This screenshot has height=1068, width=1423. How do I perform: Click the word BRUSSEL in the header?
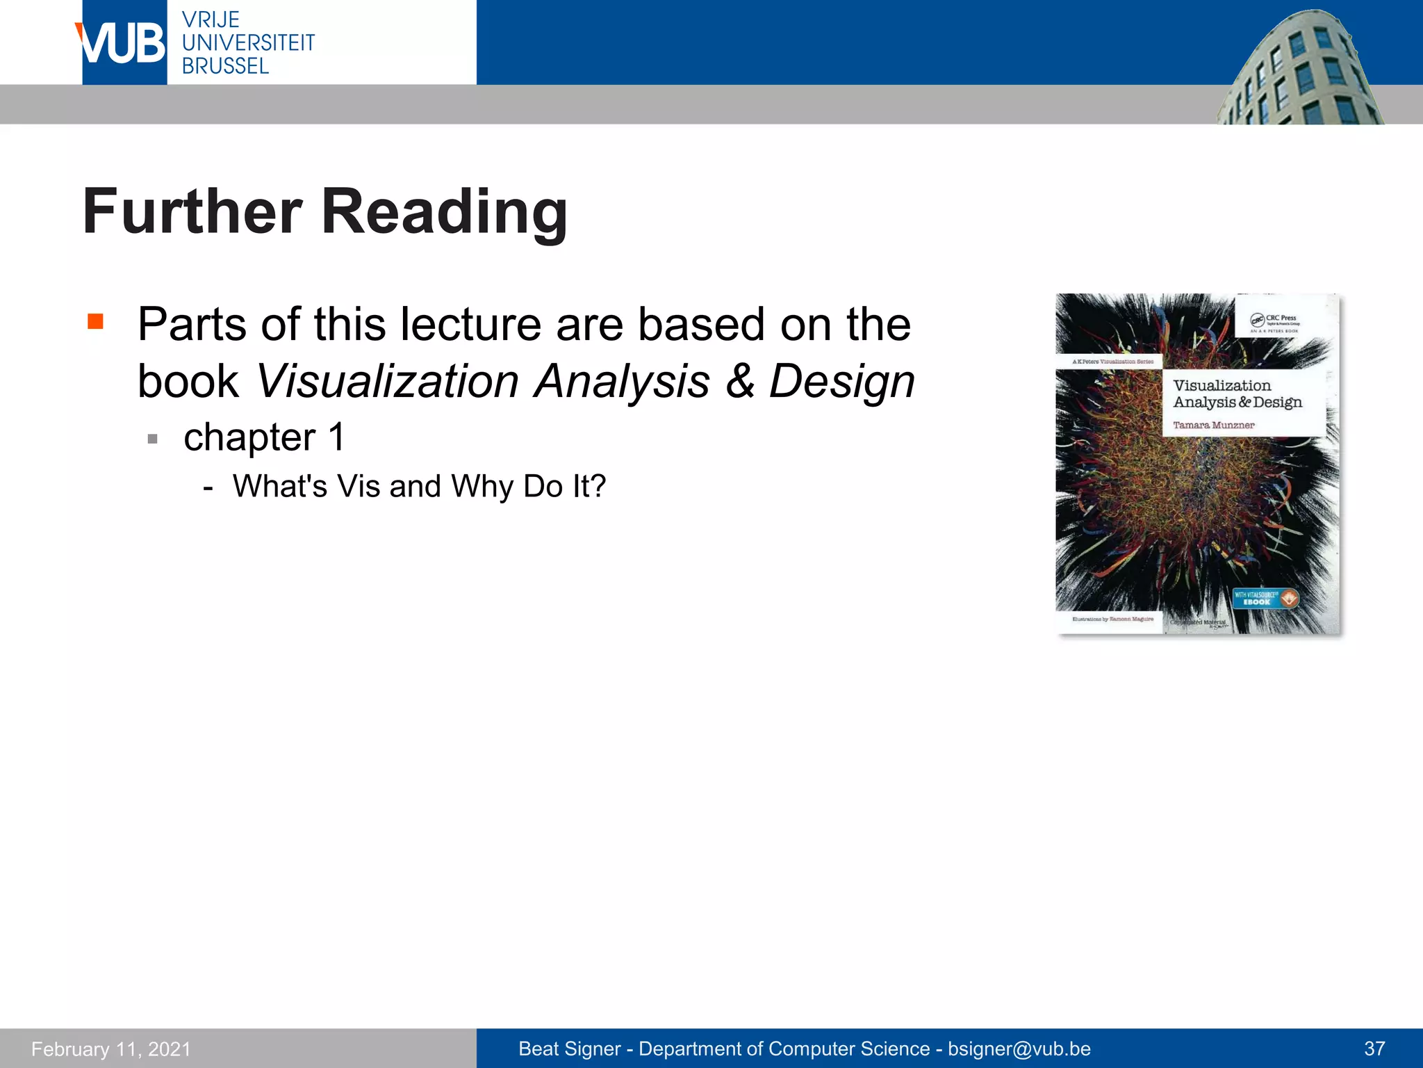[225, 66]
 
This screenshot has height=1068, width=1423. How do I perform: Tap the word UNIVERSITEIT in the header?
[248, 42]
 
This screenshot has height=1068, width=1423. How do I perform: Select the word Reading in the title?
[445, 211]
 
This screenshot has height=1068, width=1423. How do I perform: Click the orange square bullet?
[95, 321]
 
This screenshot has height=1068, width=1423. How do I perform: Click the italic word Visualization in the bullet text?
[387, 381]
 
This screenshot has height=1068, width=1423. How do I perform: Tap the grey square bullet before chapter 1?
[153, 439]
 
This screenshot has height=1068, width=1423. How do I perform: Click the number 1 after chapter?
[336, 437]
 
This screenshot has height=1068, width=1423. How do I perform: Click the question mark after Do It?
[598, 486]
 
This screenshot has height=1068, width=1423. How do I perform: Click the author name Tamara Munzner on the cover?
[1213, 425]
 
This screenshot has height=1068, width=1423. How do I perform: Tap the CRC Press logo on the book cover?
[1274, 321]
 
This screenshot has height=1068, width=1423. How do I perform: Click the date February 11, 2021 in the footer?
[111, 1049]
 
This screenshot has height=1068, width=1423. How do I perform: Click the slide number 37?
[1374, 1049]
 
